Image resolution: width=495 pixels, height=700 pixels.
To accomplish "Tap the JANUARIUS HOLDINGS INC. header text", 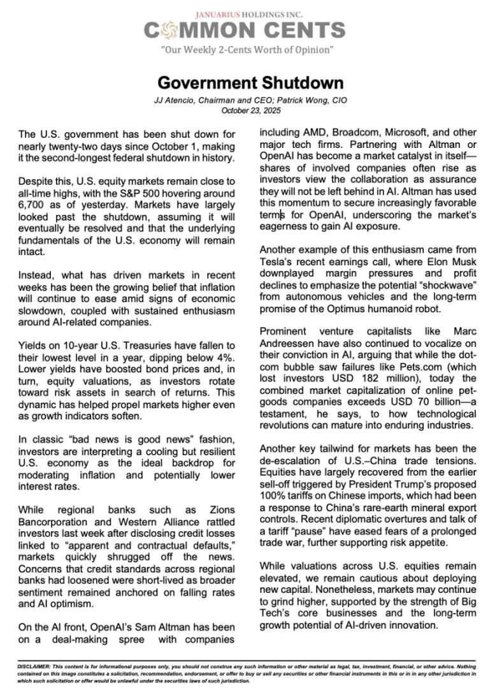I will [250, 14].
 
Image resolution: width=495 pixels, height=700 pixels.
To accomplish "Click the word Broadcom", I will [354, 133].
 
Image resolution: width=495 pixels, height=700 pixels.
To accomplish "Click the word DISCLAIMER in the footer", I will [37, 666].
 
